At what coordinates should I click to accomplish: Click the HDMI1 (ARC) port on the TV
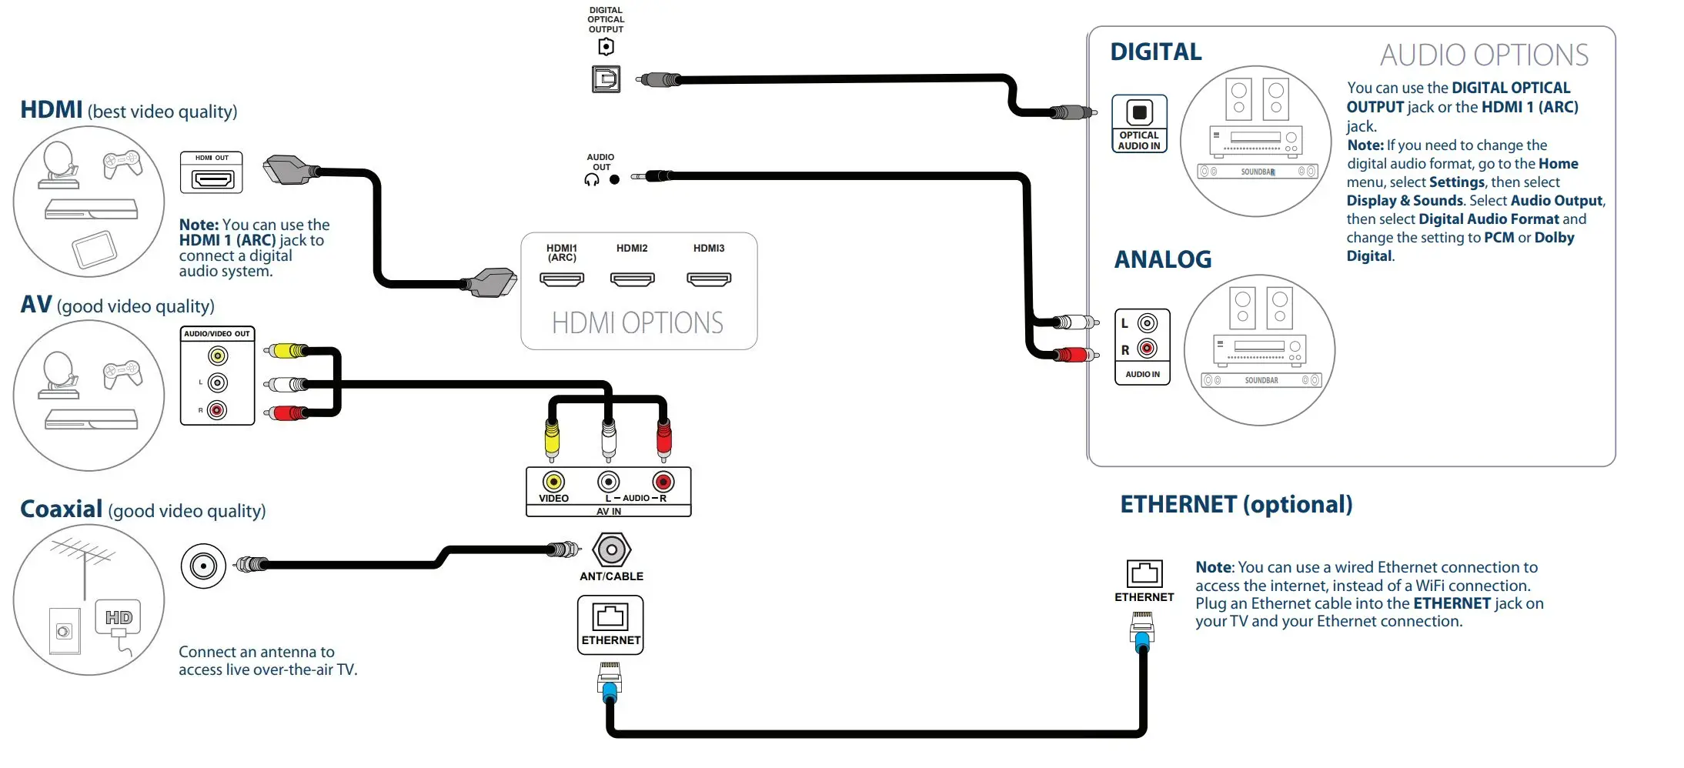[x=562, y=279]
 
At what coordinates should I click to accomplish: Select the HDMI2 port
[x=632, y=279]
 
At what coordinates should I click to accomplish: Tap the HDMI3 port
[x=709, y=279]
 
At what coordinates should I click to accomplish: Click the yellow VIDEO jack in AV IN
[x=553, y=482]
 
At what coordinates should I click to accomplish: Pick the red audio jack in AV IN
[x=663, y=482]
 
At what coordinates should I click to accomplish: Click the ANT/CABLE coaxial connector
[x=612, y=550]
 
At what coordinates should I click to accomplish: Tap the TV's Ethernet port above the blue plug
[x=610, y=616]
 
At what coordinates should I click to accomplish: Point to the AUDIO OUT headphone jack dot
[x=614, y=180]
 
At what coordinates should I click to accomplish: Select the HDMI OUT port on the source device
[x=212, y=180]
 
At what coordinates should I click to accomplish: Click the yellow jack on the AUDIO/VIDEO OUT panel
[x=218, y=356]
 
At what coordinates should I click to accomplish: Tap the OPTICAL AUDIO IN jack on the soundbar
[x=1139, y=112]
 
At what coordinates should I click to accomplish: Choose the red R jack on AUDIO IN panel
[x=1147, y=349]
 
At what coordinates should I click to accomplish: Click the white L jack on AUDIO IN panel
[x=1147, y=323]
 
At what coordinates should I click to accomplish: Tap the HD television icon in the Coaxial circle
[x=119, y=617]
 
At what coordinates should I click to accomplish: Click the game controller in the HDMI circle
[x=122, y=164]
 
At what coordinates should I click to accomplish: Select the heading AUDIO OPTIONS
[x=1484, y=55]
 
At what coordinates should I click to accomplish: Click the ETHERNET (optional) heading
[x=1236, y=504]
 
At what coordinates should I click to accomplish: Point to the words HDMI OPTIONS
[x=637, y=323]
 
